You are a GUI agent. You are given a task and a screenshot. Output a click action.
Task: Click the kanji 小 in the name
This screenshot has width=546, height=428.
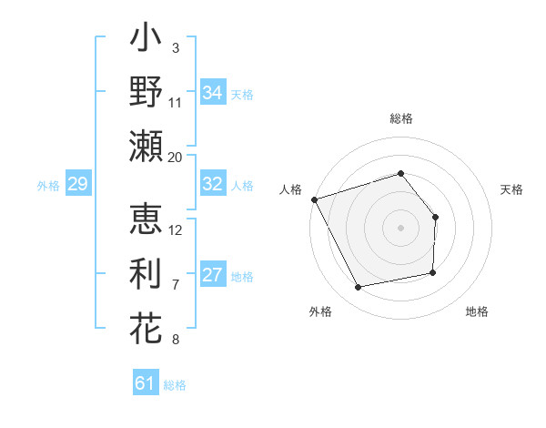pyautogui.click(x=146, y=41)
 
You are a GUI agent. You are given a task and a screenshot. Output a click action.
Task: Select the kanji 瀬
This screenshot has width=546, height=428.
pyautogui.click(x=146, y=146)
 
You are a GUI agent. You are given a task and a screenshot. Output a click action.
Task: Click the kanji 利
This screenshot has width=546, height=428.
pyautogui.click(x=146, y=273)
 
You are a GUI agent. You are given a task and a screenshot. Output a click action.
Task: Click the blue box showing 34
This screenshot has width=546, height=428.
pyautogui.click(x=213, y=92)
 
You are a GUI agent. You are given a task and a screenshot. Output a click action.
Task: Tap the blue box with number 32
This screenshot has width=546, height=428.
pyautogui.click(x=213, y=184)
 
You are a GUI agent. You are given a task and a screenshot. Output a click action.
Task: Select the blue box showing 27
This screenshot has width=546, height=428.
pyautogui.click(x=213, y=275)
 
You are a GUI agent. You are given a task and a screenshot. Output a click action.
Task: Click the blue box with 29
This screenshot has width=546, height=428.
pyautogui.click(x=77, y=184)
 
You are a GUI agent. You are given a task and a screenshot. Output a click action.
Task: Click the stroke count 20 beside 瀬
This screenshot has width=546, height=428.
pyautogui.click(x=175, y=157)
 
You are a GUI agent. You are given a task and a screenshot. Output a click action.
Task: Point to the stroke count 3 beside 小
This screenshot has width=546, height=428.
pyautogui.click(x=176, y=46)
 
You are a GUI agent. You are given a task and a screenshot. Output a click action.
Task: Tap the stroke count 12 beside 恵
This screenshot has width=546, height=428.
pyautogui.click(x=176, y=229)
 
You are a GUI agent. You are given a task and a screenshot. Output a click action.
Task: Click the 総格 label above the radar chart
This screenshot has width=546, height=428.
pyautogui.click(x=401, y=118)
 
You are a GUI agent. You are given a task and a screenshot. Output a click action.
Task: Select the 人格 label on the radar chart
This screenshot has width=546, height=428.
pyautogui.click(x=291, y=189)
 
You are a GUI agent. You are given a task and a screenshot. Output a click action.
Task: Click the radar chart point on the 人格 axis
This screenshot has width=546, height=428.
pyautogui.click(x=314, y=199)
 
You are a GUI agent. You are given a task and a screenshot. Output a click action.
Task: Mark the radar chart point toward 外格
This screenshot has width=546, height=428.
pyautogui.click(x=358, y=288)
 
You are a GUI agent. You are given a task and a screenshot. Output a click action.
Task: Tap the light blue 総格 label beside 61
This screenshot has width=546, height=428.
pyautogui.click(x=175, y=385)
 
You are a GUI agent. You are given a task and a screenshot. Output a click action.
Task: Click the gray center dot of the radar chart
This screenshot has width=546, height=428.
pyautogui.click(x=400, y=227)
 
